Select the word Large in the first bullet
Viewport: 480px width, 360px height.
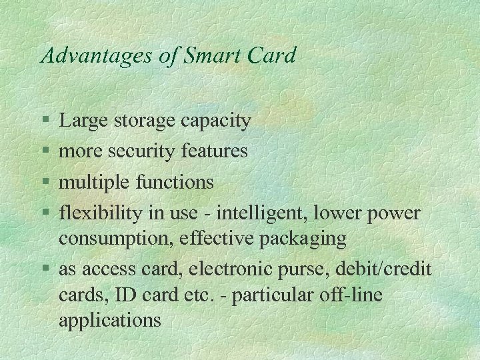tap(84, 121)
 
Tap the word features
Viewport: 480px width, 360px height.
tap(214, 151)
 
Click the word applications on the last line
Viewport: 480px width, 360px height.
tap(110, 321)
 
